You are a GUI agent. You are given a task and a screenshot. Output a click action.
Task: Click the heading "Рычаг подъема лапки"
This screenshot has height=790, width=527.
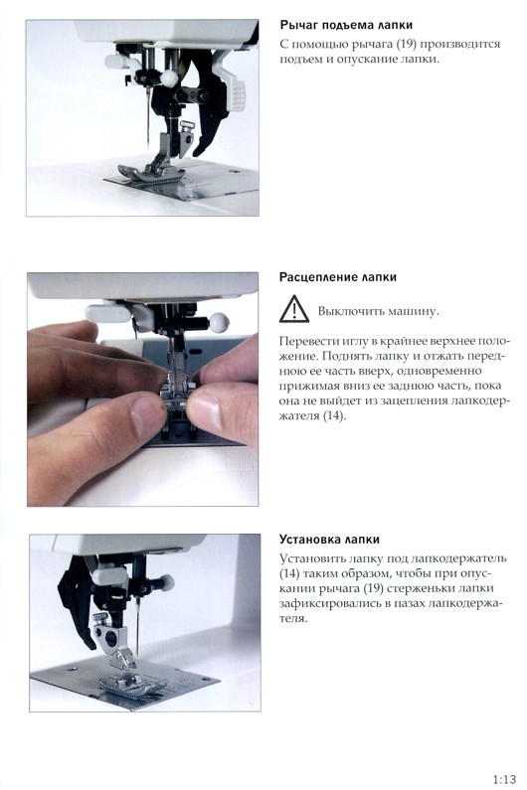pyautogui.click(x=346, y=25)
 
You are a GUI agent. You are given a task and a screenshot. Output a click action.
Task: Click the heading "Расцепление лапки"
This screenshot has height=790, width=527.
pyautogui.click(x=338, y=277)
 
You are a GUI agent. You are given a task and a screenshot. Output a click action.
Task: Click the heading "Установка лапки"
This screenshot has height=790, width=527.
pyautogui.click(x=329, y=540)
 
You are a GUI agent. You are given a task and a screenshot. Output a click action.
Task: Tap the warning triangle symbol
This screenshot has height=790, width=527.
pyautogui.click(x=294, y=309)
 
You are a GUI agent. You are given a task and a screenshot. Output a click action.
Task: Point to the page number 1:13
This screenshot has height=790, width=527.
pyautogui.click(x=504, y=779)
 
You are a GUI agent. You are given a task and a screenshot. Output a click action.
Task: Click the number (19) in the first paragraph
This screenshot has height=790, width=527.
pyautogui.click(x=406, y=44)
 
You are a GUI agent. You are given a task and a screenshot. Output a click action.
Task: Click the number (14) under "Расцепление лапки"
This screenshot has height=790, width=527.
pyautogui.click(x=334, y=416)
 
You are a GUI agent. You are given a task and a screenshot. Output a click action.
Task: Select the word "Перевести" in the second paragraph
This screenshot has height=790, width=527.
pyautogui.click(x=305, y=341)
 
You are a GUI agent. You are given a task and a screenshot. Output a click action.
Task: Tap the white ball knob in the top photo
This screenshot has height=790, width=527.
pyautogui.click(x=169, y=78)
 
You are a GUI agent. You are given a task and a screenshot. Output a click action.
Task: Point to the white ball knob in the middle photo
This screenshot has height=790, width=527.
pyautogui.click(x=219, y=321)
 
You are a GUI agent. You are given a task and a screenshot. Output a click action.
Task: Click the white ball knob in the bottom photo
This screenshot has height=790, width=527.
pyautogui.click(x=166, y=582)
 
